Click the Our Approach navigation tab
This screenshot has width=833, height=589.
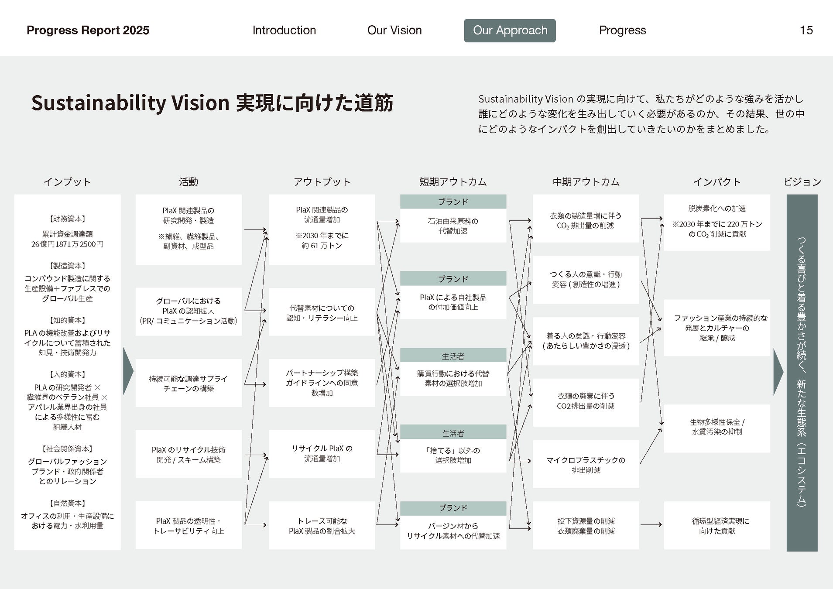tap(510, 31)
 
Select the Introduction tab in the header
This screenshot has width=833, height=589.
tap(284, 31)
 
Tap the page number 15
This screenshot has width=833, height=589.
tap(806, 31)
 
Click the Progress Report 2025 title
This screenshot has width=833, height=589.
tap(88, 31)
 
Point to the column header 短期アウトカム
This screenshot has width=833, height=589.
tap(453, 182)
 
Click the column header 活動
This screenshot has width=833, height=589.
tap(188, 182)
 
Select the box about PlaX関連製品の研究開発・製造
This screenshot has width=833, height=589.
tap(189, 229)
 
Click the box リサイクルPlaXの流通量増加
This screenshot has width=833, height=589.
tap(322, 454)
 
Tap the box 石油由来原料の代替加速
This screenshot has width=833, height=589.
tap(453, 226)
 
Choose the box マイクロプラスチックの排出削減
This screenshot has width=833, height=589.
tap(586, 464)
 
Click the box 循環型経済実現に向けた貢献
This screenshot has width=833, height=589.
tap(717, 525)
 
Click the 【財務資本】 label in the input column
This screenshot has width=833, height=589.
tap(67, 219)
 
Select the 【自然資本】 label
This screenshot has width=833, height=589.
tap(67, 503)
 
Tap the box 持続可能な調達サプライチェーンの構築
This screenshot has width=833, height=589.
tap(189, 383)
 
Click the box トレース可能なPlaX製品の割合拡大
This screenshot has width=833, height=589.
tap(322, 525)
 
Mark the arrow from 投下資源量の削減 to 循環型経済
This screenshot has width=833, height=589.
tap(651, 525)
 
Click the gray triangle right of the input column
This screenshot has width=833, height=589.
tap(128, 371)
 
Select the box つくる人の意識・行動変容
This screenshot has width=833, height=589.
tap(586, 279)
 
